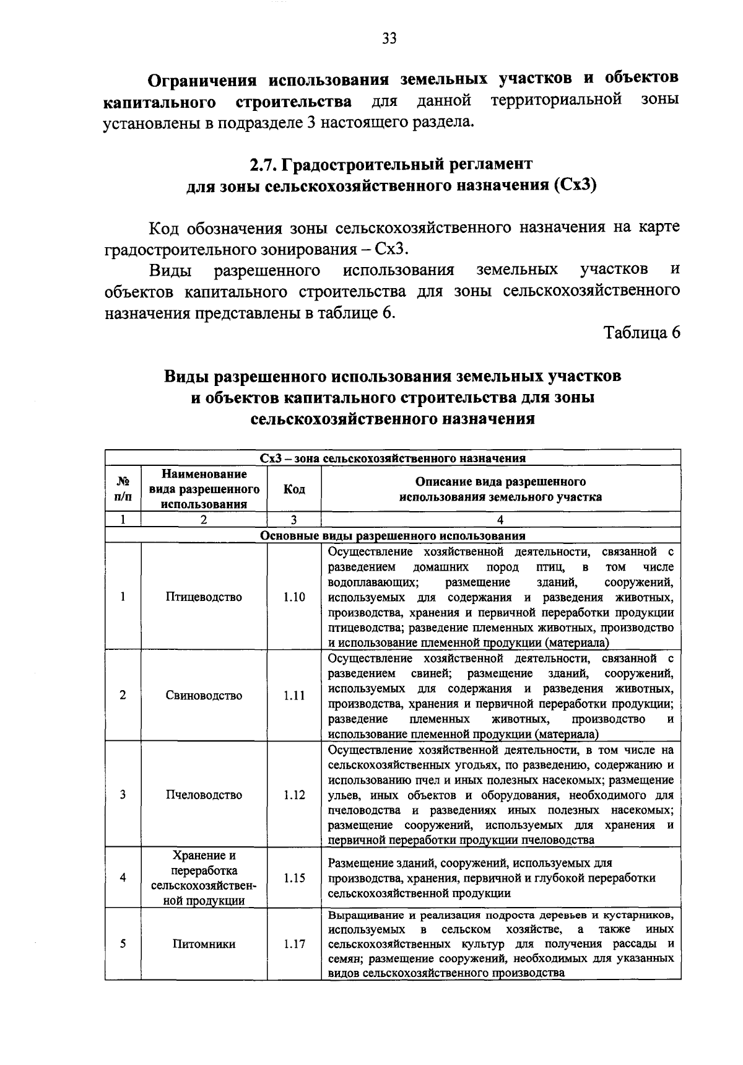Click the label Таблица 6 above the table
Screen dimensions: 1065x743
642,333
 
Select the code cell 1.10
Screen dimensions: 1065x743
294,597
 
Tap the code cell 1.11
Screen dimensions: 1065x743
294,695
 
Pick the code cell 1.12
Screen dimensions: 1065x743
294,795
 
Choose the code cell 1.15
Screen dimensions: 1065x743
294,878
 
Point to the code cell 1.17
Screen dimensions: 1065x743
294,944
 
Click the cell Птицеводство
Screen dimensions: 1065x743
204,597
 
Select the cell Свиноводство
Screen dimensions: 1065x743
204,695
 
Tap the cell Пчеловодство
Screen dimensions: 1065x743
204,795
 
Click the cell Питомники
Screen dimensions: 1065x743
204,944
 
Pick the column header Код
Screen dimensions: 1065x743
294,489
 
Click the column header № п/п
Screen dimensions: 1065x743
123,489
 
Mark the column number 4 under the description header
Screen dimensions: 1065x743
500,520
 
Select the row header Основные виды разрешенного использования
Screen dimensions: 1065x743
393,535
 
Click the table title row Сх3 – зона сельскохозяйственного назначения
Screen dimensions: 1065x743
393,458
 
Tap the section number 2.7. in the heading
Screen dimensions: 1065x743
264,164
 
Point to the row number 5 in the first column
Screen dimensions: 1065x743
123,944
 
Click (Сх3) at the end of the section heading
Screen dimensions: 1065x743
575,186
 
